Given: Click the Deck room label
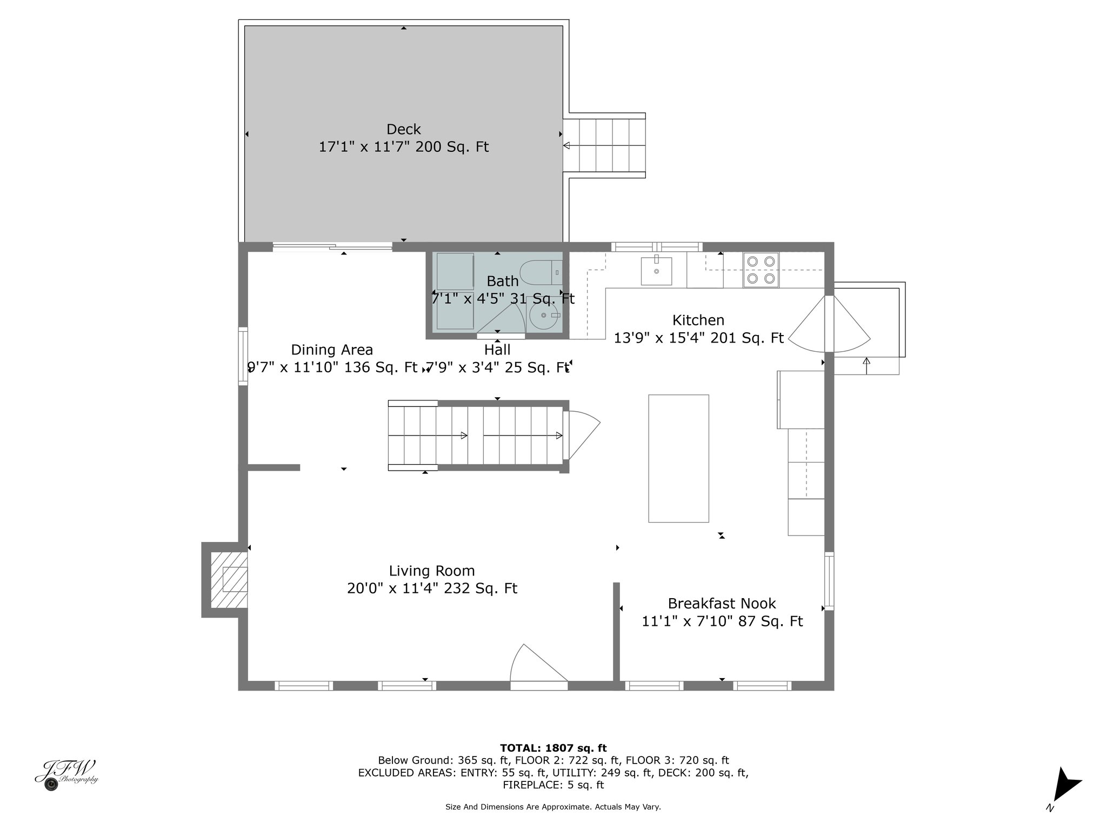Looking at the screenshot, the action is point(403,130).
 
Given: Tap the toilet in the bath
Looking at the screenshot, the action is point(541,272).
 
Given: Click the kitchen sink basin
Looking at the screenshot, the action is point(656,271).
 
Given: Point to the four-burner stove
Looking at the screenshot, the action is point(761,270).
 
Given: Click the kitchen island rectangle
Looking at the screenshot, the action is point(678,458).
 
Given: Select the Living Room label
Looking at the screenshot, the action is point(432,571).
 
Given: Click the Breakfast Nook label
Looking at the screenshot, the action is point(722,603).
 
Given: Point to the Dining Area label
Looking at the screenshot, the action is point(332,350).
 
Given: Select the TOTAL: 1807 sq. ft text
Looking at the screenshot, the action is point(553,748).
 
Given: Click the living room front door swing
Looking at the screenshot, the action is point(538,663).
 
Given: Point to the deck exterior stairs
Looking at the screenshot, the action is point(604,145).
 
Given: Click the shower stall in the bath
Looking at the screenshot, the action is point(455,291).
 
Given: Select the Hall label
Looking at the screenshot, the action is point(497,350).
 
